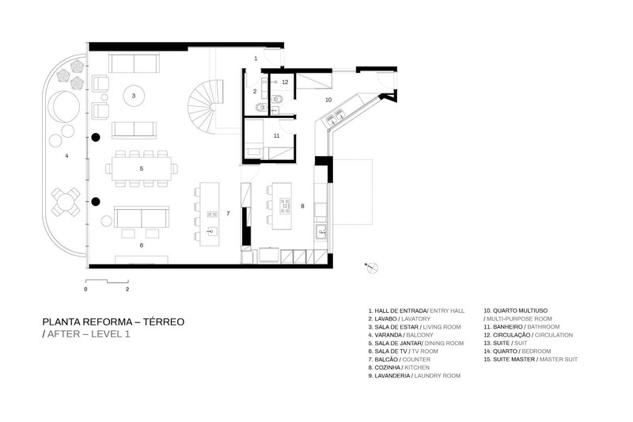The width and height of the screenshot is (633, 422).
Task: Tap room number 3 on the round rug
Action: click(x=134, y=96)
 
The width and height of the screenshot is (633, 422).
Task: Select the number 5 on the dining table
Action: click(x=141, y=169)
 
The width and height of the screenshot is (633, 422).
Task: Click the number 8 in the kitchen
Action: click(x=302, y=207)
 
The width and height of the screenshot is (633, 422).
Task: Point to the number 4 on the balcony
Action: click(x=66, y=156)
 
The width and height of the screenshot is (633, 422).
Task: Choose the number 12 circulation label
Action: click(x=285, y=82)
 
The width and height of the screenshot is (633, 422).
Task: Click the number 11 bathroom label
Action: click(x=276, y=136)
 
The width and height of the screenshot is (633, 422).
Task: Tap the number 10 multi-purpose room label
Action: click(x=328, y=100)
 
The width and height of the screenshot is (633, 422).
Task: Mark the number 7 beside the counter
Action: click(x=228, y=213)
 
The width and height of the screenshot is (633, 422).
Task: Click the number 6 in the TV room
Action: click(x=141, y=245)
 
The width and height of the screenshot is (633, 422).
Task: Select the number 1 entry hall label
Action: click(x=256, y=59)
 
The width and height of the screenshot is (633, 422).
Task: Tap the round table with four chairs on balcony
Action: click(x=64, y=201)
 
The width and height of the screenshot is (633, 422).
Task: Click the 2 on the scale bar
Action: click(x=127, y=290)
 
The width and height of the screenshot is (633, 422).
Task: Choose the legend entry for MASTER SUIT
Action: click(x=559, y=359)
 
